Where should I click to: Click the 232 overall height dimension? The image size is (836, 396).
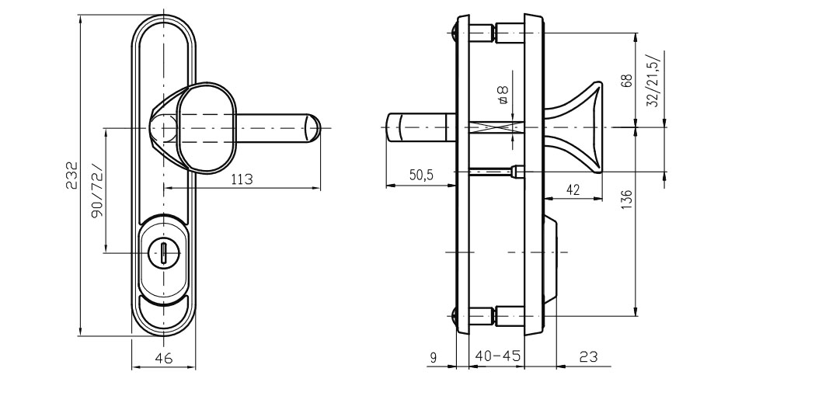click(71, 175)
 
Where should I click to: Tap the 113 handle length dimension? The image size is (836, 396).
click(242, 179)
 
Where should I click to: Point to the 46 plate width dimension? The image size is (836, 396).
click(164, 358)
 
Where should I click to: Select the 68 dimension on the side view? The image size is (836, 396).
click(627, 81)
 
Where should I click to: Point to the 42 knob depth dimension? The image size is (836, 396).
click(572, 189)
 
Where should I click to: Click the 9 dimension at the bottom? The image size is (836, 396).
click(433, 357)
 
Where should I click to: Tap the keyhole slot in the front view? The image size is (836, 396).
click(163, 252)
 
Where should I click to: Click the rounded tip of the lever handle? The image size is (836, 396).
click(314, 128)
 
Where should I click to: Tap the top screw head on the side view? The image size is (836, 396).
click(454, 32)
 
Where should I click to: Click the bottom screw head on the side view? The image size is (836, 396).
click(454, 318)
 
